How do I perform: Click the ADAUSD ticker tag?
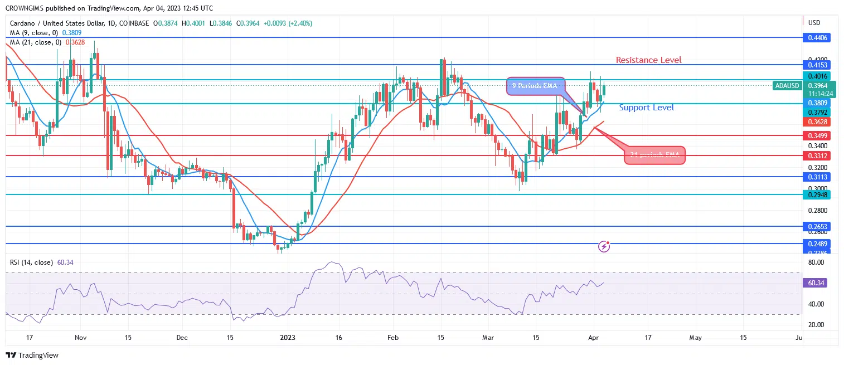[x=786, y=86]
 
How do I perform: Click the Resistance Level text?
[x=648, y=60]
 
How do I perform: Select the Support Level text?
[x=646, y=108]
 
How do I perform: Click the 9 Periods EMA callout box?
[x=535, y=86]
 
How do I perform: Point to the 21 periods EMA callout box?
[x=654, y=155]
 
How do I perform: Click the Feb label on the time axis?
[x=393, y=337]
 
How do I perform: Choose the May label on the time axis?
[x=695, y=337]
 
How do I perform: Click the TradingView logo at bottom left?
[x=32, y=356]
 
